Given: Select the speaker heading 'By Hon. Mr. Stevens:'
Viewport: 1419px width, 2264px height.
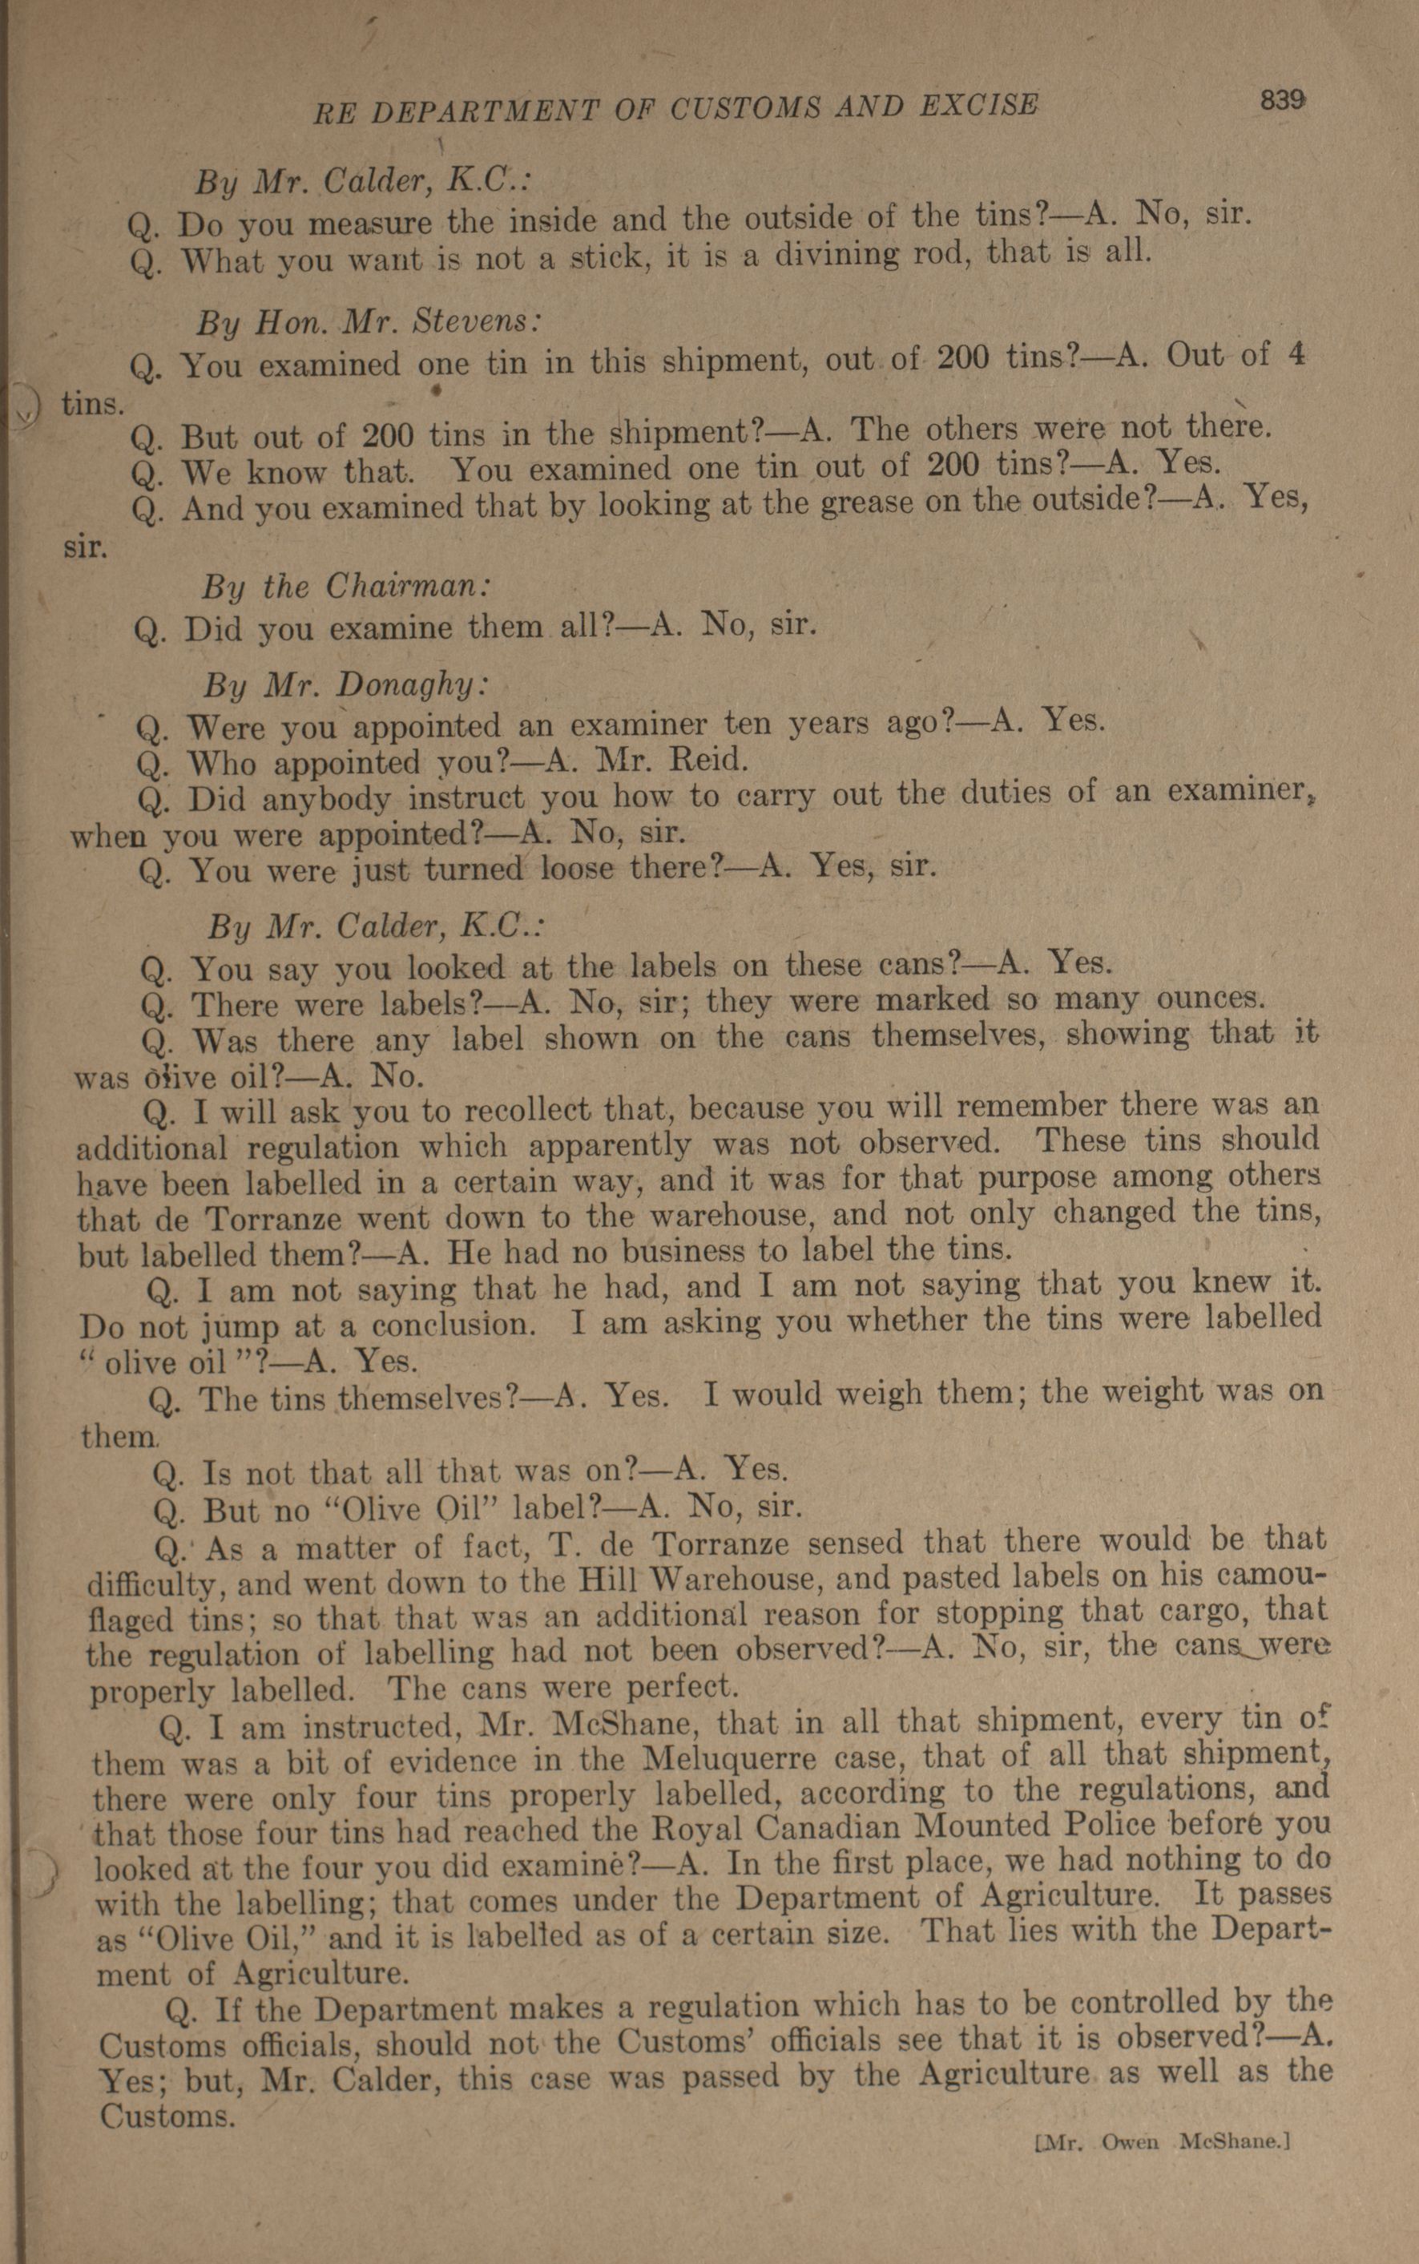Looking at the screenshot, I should (368, 322).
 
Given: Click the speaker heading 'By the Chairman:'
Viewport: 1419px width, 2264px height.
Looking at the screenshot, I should (345, 587).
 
